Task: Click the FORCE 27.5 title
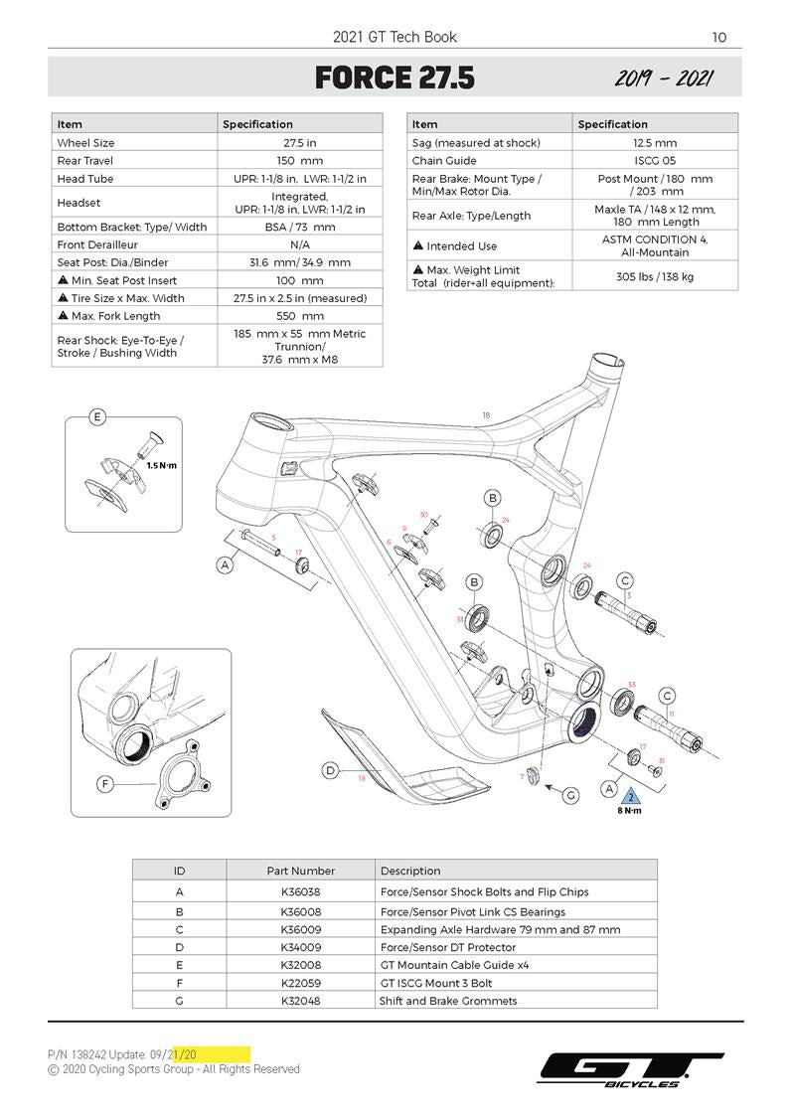395,78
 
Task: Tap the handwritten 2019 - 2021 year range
663,79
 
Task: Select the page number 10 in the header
719,38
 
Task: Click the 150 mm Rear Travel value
299,161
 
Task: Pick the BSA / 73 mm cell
299,227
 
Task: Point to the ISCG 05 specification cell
655,161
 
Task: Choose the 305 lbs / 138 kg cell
656,275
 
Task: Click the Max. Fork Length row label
115,316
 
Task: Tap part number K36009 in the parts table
300,929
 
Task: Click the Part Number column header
300,871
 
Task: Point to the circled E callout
97,417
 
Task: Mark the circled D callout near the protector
330,770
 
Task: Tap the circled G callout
570,795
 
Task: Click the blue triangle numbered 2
629,796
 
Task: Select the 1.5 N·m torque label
161,464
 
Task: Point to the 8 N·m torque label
629,811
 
